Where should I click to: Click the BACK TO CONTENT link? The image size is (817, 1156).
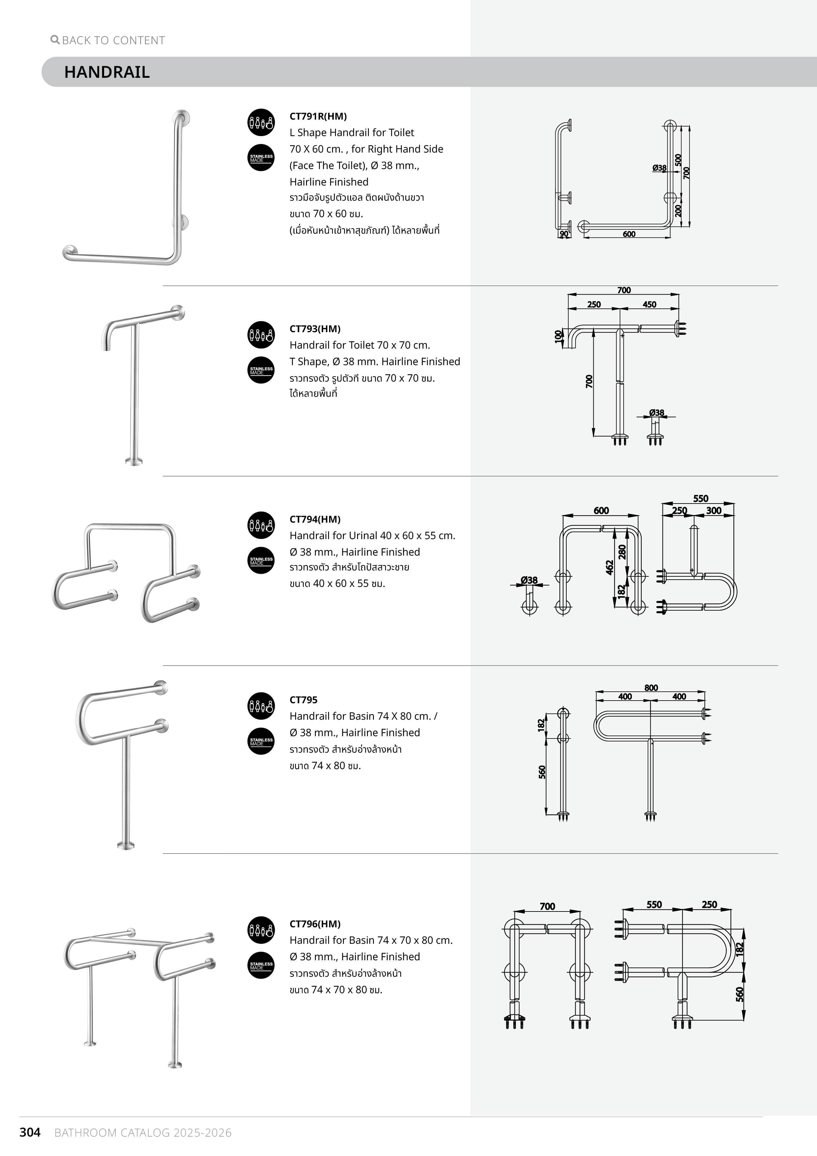[x=113, y=40]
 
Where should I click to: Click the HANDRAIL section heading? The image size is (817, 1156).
[x=107, y=72]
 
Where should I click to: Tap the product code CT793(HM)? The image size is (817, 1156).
[x=315, y=329]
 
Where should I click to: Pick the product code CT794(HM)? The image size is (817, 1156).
[x=315, y=519]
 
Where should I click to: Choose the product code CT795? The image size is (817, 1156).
[x=303, y=700]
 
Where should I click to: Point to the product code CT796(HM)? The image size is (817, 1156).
[x=315, y=924]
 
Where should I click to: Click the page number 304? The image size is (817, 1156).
[x=30, y=1132]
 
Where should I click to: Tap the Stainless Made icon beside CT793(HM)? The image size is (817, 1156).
[x=261, y=370]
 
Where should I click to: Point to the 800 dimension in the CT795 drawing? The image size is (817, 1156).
[x=651, y=688]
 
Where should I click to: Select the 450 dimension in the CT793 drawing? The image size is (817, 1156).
[x=649, y=304]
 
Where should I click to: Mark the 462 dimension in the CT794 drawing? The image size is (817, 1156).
[x=609, y=567]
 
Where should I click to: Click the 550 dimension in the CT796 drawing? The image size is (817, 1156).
[x=654, y=905]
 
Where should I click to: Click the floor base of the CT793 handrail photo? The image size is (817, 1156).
[x=134, y=461]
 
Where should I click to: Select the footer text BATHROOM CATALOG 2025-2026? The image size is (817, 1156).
[x=143, y=1133]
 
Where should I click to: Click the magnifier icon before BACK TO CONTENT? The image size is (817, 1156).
[x=55, y=39]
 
